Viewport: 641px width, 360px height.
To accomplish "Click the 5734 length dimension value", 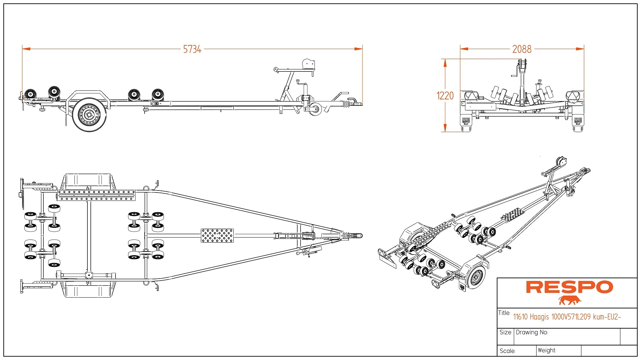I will [x=192, y=49].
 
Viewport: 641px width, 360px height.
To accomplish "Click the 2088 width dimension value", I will [x=521, y=49].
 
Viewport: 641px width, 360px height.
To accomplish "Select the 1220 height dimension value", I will [x=445, y=96].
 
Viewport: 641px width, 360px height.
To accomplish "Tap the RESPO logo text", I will [x=569, y=287].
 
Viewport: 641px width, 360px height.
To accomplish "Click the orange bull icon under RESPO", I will [x=570, y=300].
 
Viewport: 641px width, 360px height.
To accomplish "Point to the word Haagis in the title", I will [x=539, y=317].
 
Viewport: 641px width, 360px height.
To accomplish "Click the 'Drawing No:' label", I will [x=532, y=332].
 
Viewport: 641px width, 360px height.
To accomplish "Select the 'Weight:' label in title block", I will [x=547, y=350].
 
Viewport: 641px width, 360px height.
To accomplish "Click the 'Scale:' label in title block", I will [x=507, y=351].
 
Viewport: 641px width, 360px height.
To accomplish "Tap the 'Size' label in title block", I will [x=505, y=332].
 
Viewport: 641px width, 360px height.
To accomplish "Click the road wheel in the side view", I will [x=89, y=115].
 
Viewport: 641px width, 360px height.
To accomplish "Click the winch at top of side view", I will [x=308, y=64].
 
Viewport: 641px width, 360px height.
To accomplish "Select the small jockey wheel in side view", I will [x=315, y=109].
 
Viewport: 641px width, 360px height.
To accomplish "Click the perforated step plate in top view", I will [x=217, y=236].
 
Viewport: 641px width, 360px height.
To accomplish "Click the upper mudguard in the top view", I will [x=88, y=182].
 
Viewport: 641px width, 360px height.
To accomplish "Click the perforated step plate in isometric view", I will [x=513, y=215].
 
